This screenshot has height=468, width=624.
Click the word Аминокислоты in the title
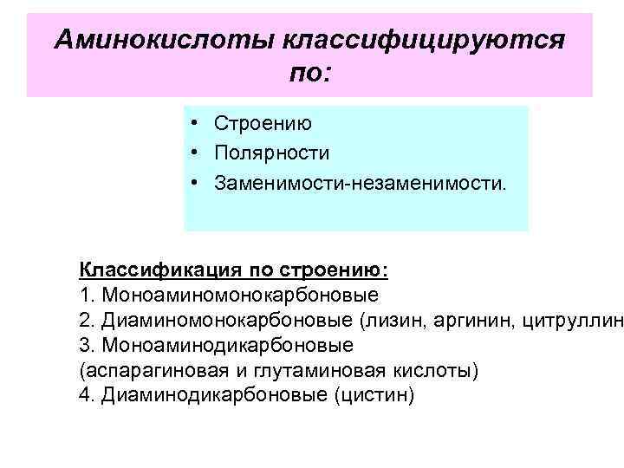[162, 40]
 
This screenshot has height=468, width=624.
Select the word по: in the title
[309, 75]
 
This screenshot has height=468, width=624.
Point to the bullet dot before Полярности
[198, 154]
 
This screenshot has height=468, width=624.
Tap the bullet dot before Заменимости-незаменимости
[198, 184]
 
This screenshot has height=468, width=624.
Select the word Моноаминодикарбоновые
[228, 345]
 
